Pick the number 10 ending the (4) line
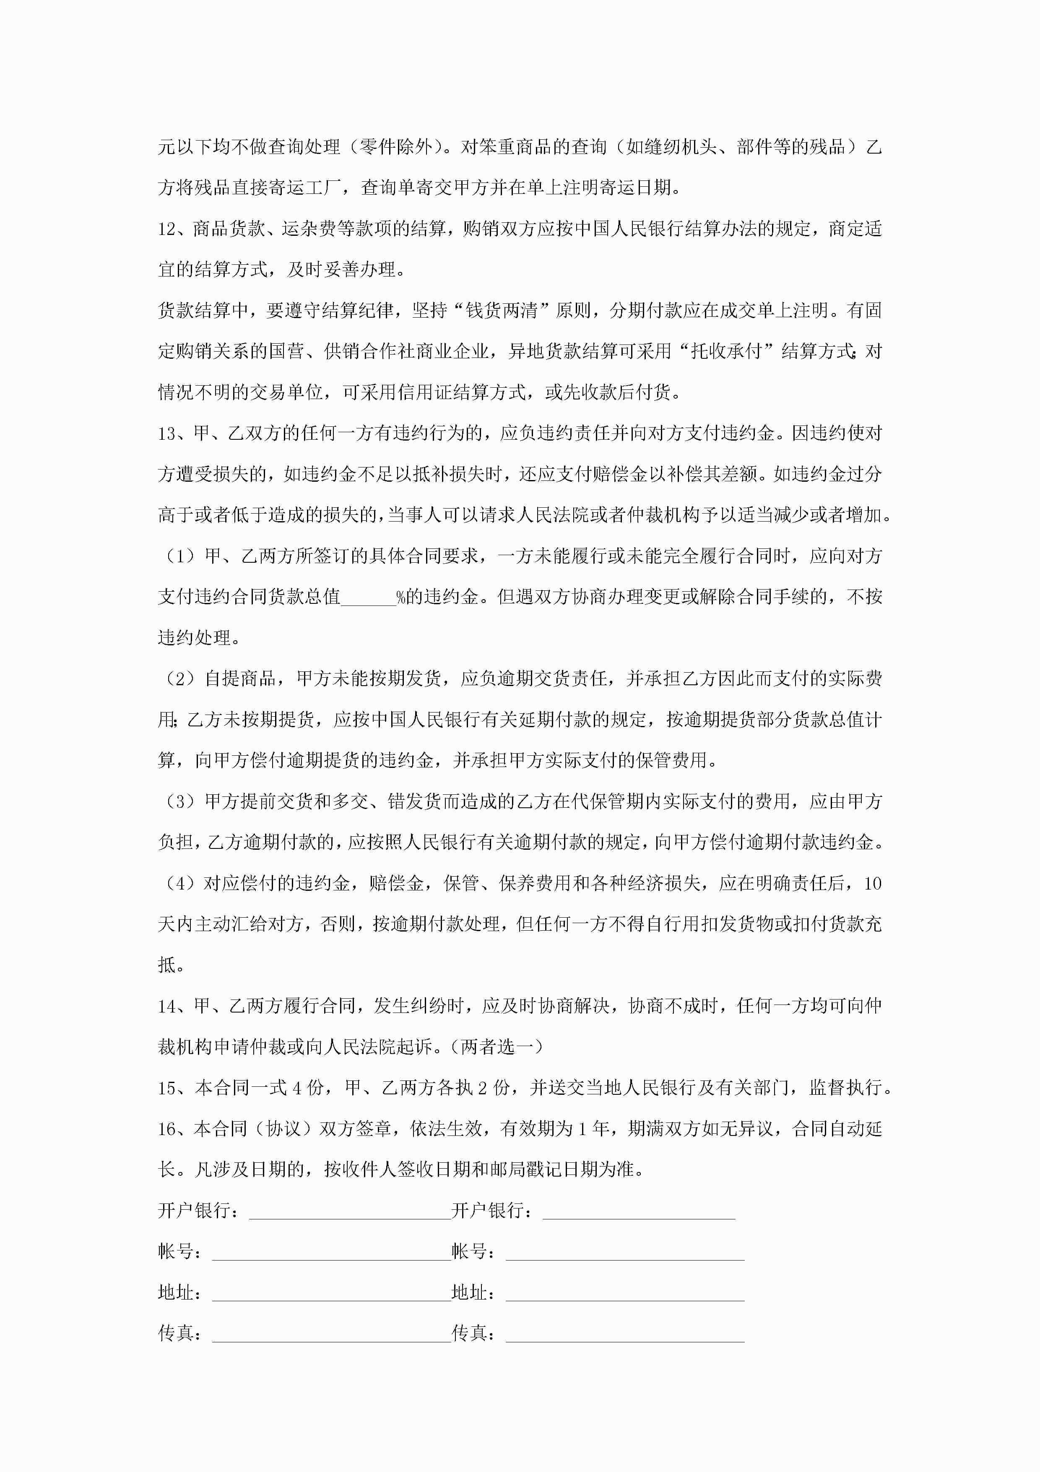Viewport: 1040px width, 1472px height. pos(873,883)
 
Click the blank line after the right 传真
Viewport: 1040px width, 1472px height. pos(625,1336)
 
